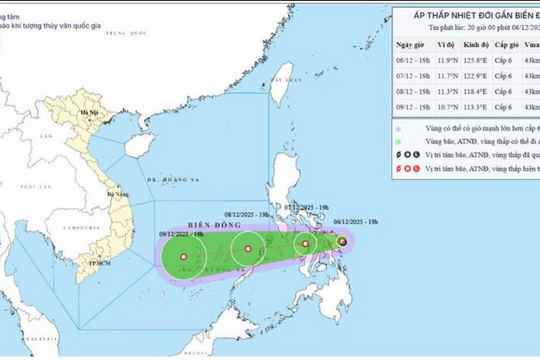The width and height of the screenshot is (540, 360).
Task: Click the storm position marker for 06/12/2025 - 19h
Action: tap(343, 242)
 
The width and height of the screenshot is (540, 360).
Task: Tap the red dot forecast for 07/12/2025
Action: tap(306, 243)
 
